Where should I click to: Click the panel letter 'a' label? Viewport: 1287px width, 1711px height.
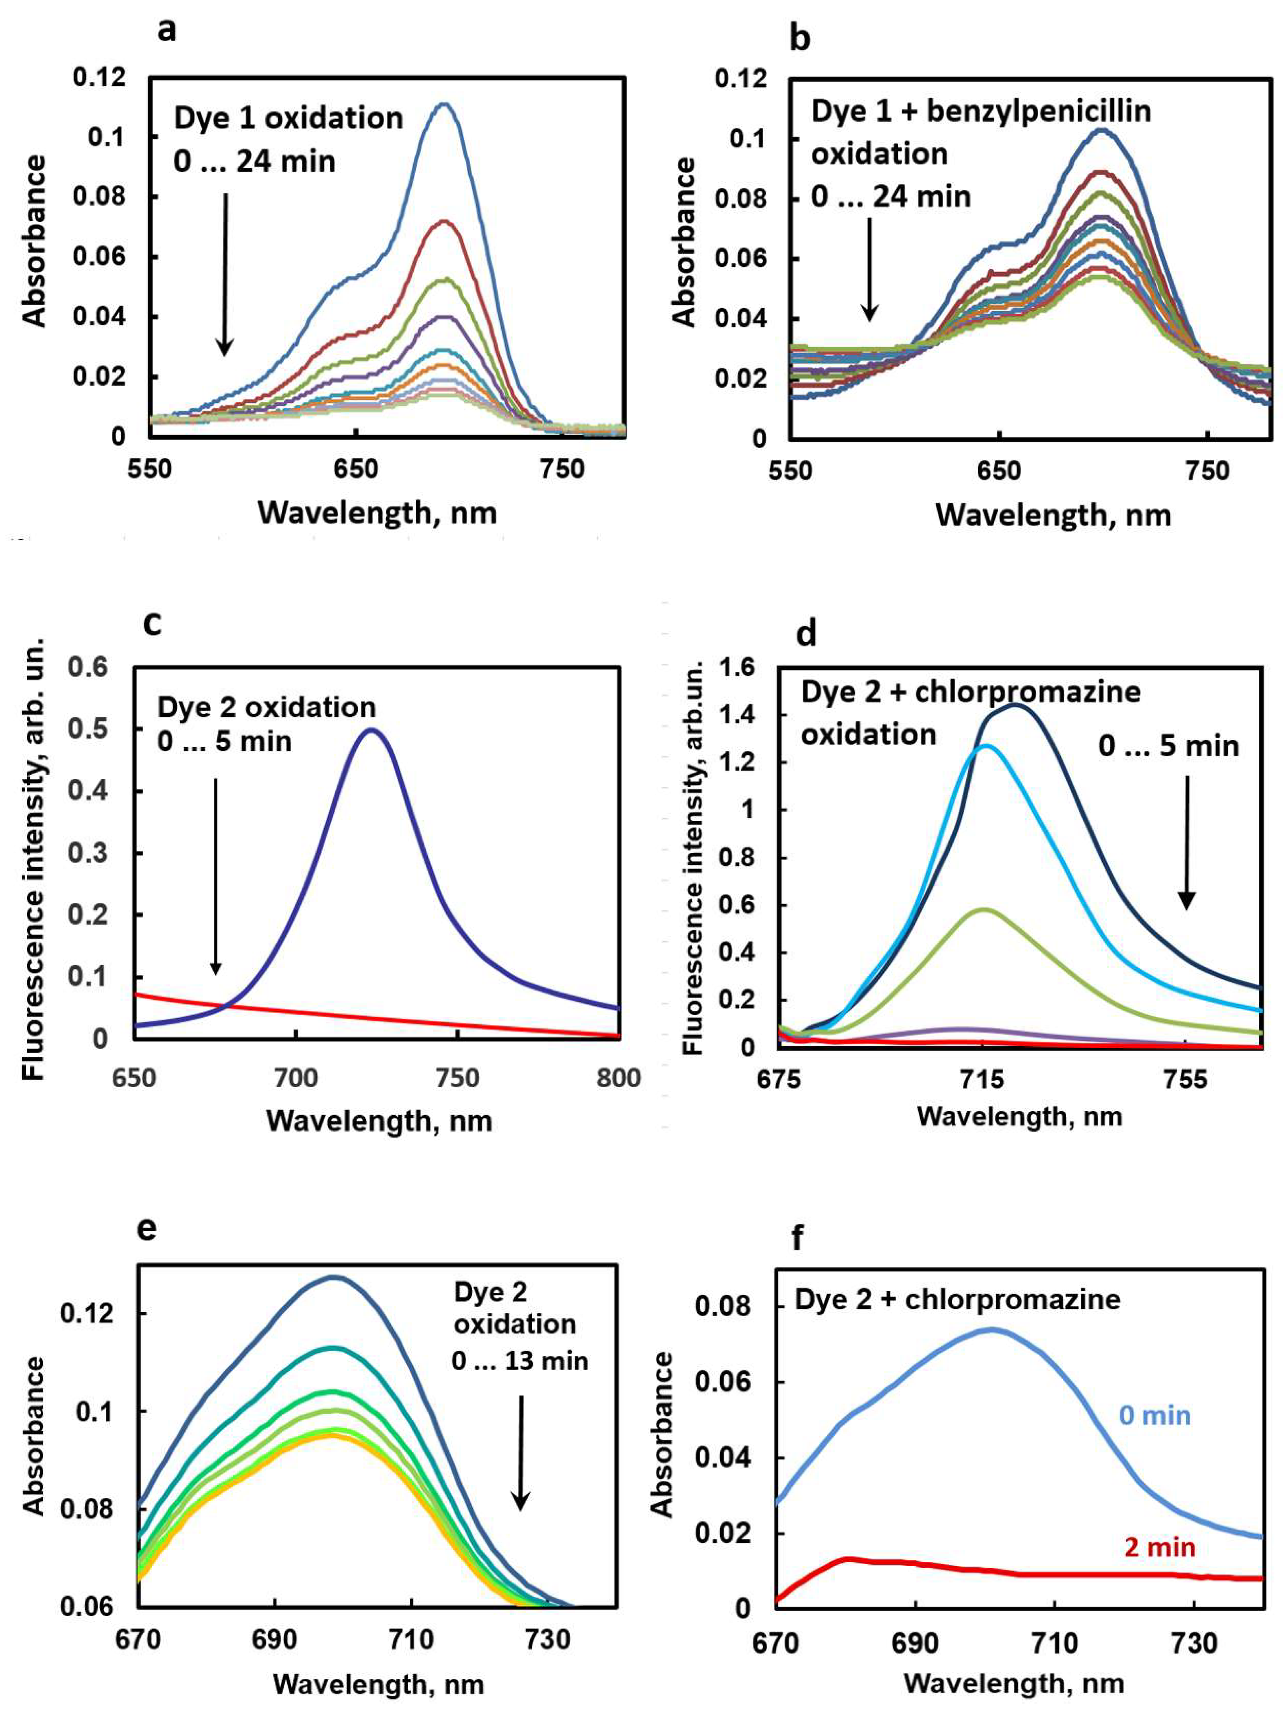[x=167, y=31]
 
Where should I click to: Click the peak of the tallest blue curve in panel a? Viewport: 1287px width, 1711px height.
[x=444, y=104]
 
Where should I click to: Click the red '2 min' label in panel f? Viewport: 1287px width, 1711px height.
[x=1159, y=1547]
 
